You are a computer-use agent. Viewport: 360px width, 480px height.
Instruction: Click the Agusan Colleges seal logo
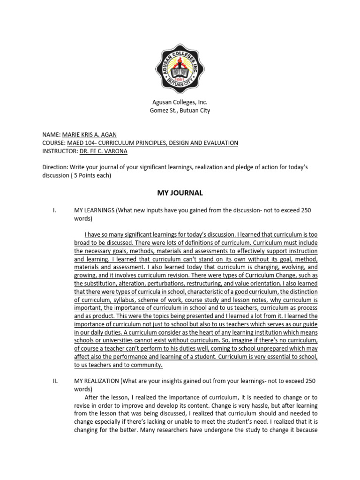pyautogui.click(x=180, y=69)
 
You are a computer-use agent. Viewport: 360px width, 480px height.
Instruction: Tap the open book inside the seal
pyautogui.click(x=180, y=72)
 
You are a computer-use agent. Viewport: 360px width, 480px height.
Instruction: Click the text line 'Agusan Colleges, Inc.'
pyautogui.click(x=180, y=102)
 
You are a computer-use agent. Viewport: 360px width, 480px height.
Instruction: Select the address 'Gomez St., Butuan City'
pyautogui.click(x=180, y=111)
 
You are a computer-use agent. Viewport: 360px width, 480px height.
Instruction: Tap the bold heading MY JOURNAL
pyautogui.click(x=180, y=193)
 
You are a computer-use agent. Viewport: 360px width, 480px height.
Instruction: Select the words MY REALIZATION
pyautogui.click(x=97, y=381)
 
